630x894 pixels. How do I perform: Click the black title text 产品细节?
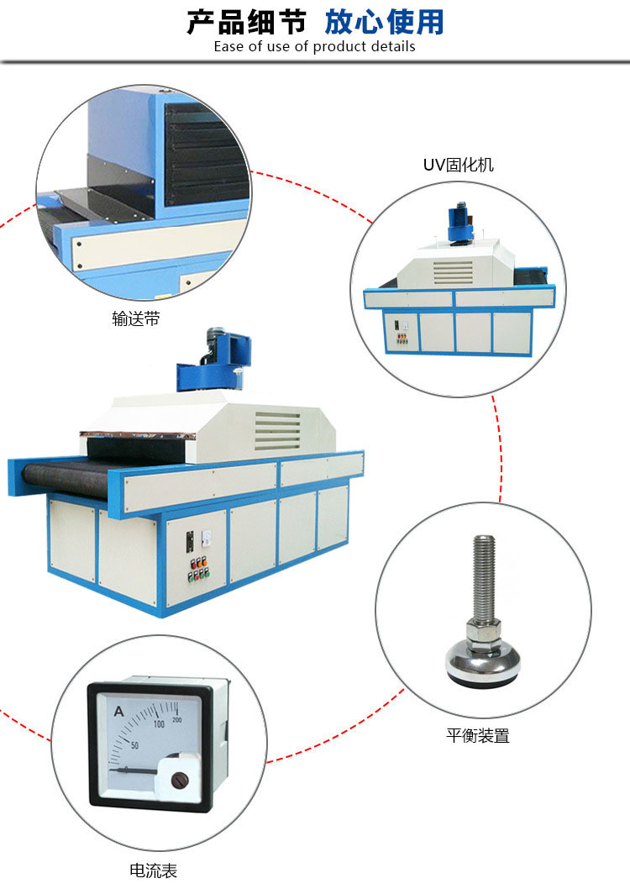tap(246, 22)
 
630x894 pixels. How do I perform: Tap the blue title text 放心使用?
tap(384, 22)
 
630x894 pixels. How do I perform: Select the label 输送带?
tap(136, 318)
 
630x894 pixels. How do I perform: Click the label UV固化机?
tap(458, 165)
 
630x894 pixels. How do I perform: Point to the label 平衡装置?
tap(478, 735)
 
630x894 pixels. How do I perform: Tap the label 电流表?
tap(153, 870)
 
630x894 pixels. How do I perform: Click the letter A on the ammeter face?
tap(118, 711)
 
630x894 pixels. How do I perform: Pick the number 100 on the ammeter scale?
tap(159, 724)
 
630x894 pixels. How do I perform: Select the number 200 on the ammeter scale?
tap(176, 719)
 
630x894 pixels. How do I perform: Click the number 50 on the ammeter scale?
tap(134, 745)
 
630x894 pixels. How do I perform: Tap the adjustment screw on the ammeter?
tap(180, 780)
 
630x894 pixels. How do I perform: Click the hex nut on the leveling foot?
tap(483, 631)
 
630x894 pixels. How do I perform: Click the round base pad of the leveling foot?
tap(483, 665)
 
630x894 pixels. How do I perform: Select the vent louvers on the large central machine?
tap(278, 430)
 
